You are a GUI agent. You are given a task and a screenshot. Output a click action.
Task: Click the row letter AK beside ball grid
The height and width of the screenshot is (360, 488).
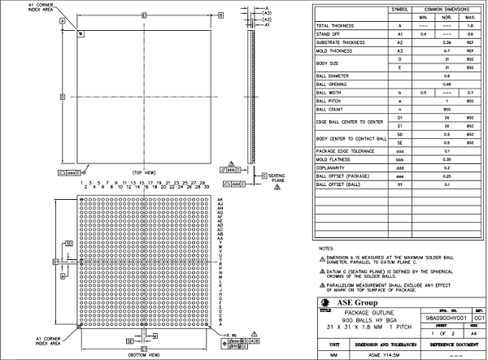(x=220, y=199)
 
